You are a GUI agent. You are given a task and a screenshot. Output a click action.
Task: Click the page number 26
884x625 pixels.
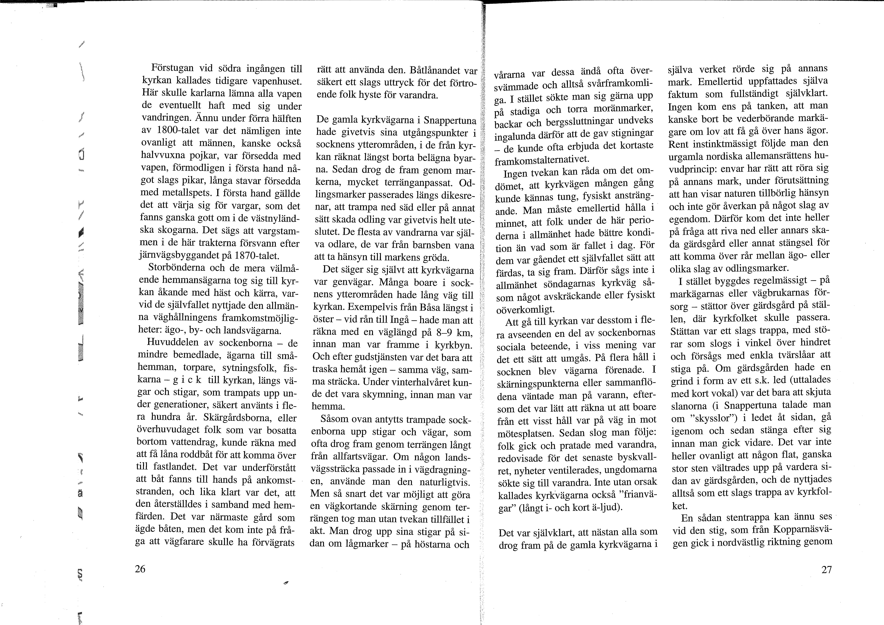(x=140, y=569)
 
